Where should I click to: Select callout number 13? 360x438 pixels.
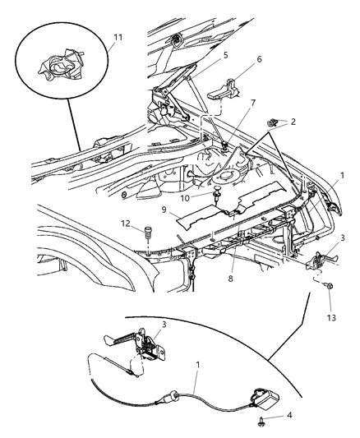(x=330, y=317)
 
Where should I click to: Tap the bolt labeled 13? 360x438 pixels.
(x=327, y=287)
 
